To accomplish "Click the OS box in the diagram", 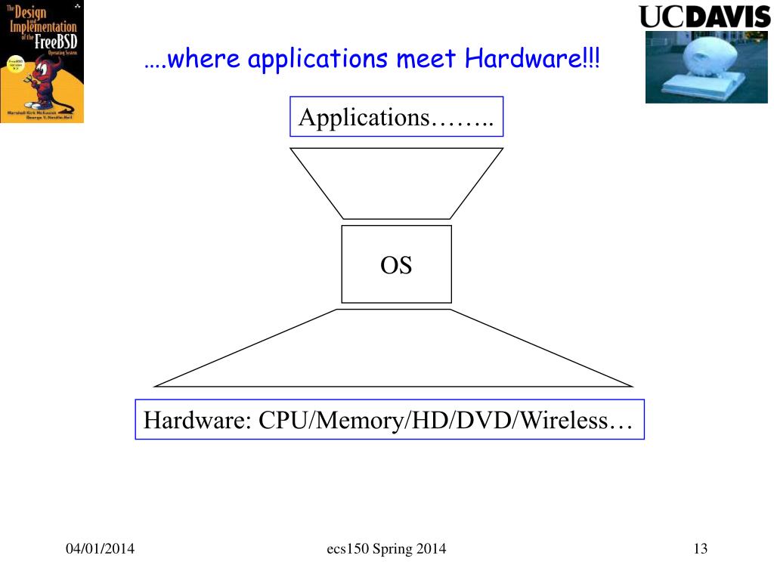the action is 396,264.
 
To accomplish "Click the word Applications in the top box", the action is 364,118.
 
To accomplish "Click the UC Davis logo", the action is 704,16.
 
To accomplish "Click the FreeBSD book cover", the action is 42,61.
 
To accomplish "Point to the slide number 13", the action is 700,549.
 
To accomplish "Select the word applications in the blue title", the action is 317,59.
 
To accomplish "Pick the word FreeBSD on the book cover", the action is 57,39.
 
